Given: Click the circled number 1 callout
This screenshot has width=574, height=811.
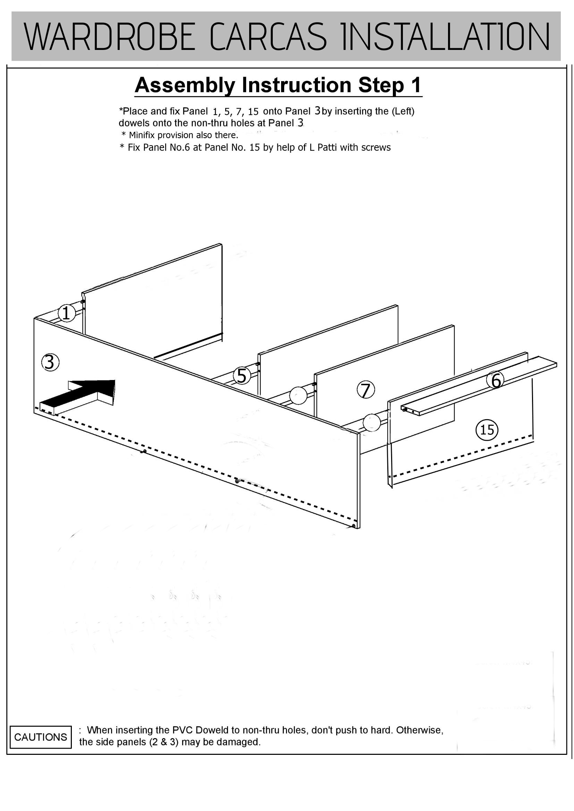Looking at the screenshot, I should pyautogui.click(x=67, y=313).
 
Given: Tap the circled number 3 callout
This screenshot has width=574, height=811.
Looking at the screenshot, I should pyautogui.click(x=50, y=362).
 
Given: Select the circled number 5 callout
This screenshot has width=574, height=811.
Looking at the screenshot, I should pyautogui.click(x=242, y=376).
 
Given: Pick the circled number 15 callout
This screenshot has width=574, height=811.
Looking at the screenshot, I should pyautogui.click(x=487, y=430).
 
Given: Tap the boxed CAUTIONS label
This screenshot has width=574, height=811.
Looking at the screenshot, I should pyautogui.click(x=41, y=737).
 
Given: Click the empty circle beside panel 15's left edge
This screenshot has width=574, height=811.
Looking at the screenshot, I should pyautogui.click(x=371, y=422).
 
